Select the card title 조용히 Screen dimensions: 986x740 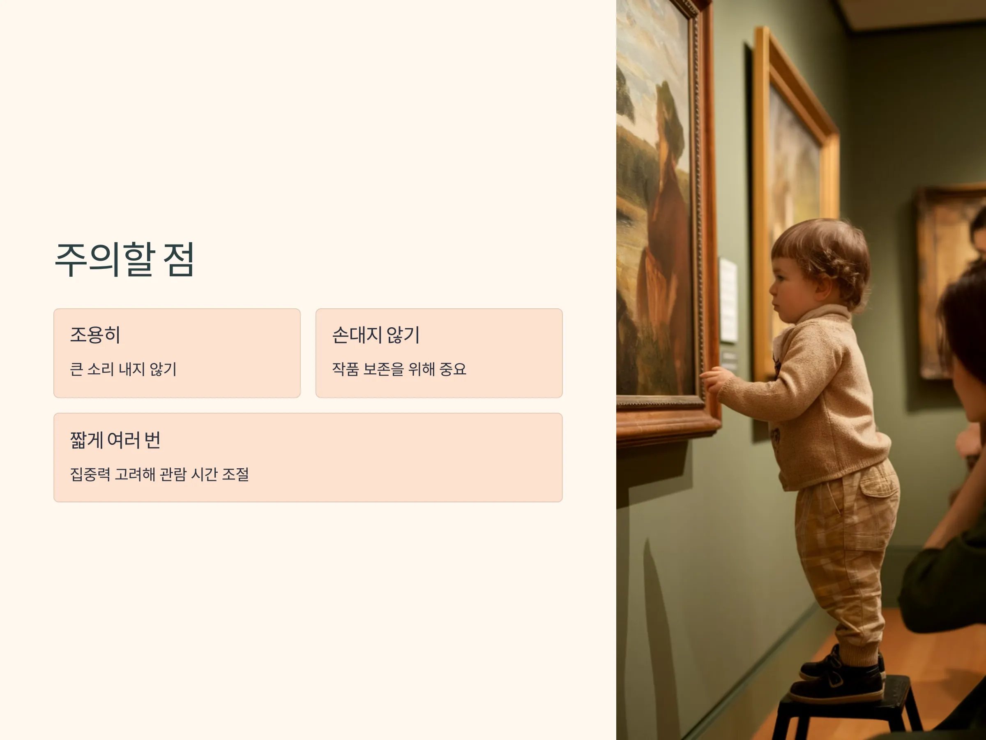click(95, 335)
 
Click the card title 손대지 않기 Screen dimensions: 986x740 click(376, 335)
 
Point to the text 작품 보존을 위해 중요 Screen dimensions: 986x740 click(399, 369)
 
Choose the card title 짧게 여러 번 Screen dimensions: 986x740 click(115, 440)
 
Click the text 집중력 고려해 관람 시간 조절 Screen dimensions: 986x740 click(159, 474)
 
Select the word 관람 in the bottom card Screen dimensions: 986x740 click(173, 474)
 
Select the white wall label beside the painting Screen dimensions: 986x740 click(728, 300)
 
